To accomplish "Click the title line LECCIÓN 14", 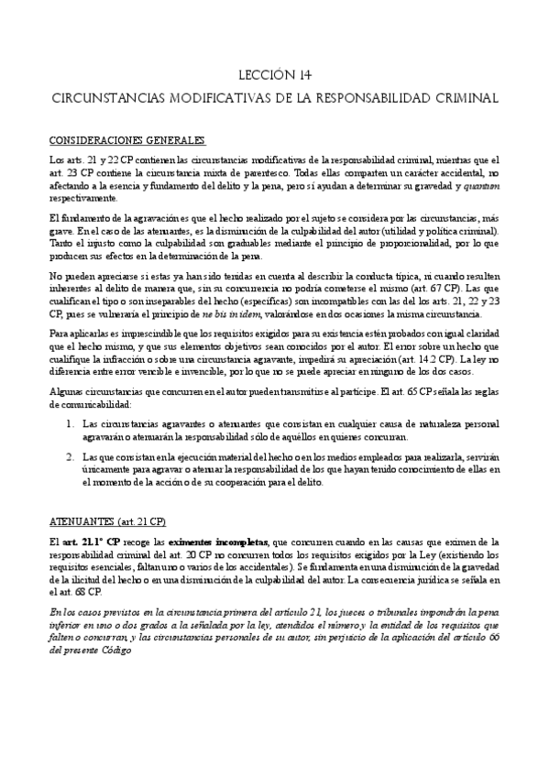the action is click(x=274, y=76).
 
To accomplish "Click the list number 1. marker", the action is click(x=71, y=424).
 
